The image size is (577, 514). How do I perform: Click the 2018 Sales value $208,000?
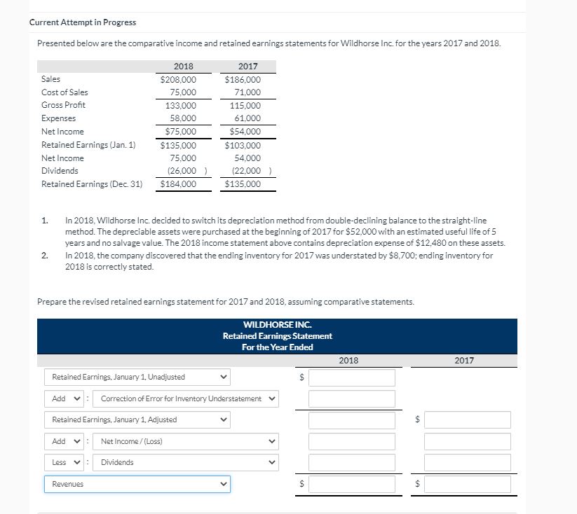[178, 79]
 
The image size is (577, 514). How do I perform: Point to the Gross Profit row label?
[63, 105]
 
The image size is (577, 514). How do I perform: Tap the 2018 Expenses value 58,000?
[183, 118]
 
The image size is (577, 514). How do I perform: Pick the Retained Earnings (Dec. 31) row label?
[91, 184]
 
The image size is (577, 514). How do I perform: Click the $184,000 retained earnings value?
[178, 184]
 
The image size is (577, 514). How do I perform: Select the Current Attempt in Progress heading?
[83, 22]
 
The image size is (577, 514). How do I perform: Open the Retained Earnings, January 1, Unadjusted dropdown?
[137, 377]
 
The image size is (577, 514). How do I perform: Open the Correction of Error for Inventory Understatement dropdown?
[187, 398]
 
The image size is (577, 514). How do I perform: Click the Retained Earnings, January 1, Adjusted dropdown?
[137, 419]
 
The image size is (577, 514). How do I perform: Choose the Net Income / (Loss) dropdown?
[187, 441]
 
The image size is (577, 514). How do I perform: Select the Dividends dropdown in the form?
[187, 462]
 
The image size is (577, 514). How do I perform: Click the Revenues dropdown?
[137, 484]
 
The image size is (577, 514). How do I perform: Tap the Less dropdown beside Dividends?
[64, 462]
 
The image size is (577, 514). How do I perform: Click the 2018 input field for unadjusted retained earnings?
[351, 377]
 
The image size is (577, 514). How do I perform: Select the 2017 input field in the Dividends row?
[467, 462]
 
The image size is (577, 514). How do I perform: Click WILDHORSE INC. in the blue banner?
[277, 325]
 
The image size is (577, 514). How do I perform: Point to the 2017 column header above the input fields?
[464, 361]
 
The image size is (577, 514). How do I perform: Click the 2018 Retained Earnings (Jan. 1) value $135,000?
[178, 145]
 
